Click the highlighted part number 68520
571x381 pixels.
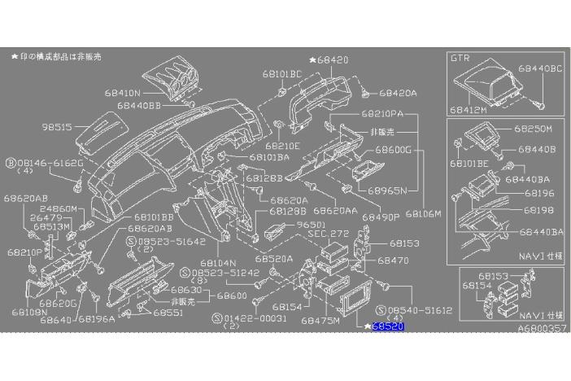point(388,326)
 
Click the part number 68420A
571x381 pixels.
point(398,93)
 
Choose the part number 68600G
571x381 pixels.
point(394,151)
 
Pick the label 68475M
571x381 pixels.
point(320,322)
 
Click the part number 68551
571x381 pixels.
point(167,313)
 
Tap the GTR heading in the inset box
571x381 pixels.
point(460,59)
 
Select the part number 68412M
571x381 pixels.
point(469,108)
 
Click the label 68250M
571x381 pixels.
point(533,129)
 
